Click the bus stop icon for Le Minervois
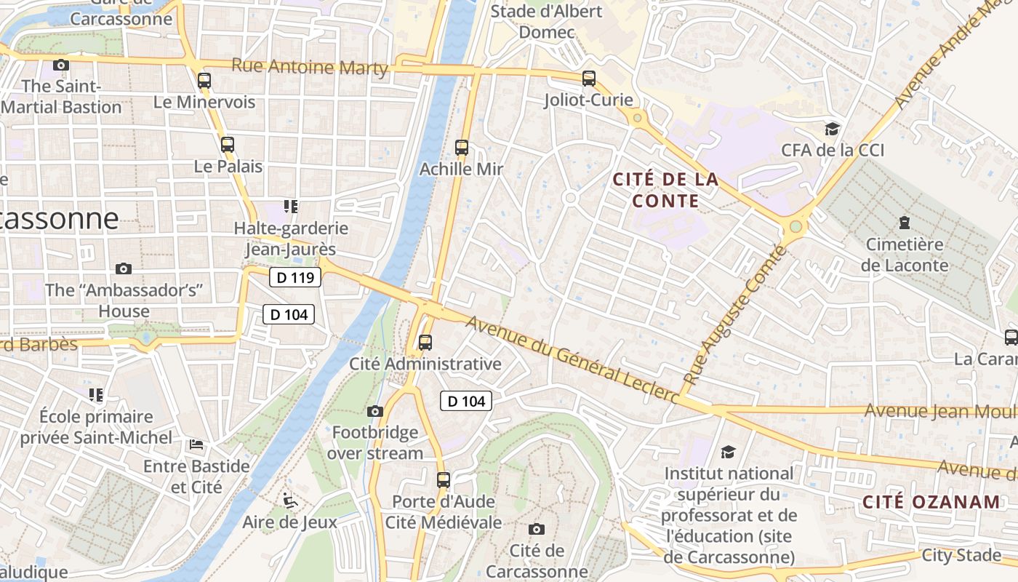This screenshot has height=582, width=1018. pos(204,80)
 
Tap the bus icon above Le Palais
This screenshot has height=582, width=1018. pos(228,144)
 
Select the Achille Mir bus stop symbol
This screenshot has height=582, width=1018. pos(462,147)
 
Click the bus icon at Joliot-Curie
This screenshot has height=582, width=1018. pos(589,78)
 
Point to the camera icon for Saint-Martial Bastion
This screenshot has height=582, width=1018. pos(61,65)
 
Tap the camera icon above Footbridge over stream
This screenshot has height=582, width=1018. pos(375,411)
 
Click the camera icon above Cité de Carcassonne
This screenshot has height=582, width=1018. pos(537,529)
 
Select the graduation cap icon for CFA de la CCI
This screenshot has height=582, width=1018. pos(832,129)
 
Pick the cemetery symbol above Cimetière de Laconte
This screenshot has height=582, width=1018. pos(905,222)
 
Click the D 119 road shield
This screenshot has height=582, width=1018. pos(295,277)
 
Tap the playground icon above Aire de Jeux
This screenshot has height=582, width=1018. pos(289,501)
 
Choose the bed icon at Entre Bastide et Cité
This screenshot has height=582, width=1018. pos(196,444)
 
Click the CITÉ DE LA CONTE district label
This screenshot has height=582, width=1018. pos(665,190)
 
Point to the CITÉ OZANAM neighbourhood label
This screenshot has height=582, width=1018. pos(931,501)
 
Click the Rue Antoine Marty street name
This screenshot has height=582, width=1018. pos(309,66)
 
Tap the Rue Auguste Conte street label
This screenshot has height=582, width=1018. pos(736,316)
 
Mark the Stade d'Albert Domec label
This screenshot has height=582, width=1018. pos(546,22)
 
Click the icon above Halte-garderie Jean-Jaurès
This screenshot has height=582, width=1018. pos(292,207)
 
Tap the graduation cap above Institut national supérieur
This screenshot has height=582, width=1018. pos(728,452)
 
